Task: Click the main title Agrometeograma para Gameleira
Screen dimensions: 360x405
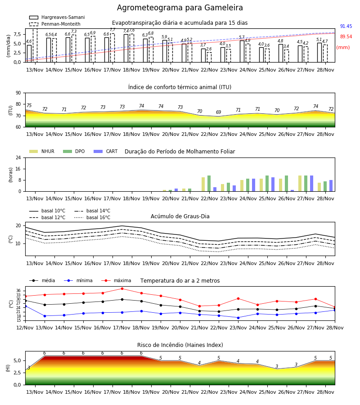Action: click(180, 8)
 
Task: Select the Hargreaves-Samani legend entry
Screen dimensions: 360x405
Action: click(57, 17)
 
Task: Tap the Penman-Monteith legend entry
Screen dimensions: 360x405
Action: click(55, 24)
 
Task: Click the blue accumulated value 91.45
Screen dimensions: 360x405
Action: click(346, 27)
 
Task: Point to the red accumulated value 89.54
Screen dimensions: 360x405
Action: click(346, 37)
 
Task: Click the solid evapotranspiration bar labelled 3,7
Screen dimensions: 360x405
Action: click(203, 55)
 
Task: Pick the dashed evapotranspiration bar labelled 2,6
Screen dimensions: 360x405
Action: click(209, 57)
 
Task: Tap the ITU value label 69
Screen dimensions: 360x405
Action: click(219, 112)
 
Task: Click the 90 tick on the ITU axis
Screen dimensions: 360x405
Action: click(18, 93)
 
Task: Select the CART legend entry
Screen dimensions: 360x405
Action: click(106, 151)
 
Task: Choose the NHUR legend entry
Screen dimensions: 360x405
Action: click(42, 151)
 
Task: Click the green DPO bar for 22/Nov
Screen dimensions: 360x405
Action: click(209, 184)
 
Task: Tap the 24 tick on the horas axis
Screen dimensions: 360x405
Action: click(18, 157)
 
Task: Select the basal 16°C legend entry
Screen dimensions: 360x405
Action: click(92, 217)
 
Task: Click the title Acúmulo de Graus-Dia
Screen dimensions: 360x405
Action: click(180, 216)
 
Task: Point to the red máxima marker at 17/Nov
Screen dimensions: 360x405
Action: click(122, 289)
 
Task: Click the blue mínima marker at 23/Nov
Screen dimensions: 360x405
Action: click(238, 318)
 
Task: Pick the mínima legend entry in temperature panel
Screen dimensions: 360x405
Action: click(78, 280)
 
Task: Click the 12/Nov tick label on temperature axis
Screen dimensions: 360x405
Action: click(25, 328)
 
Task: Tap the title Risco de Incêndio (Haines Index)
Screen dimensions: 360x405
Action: click(180, 345)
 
